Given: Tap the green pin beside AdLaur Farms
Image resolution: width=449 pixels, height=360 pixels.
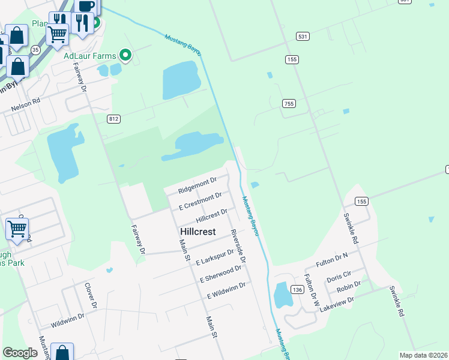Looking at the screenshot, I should point(125,55).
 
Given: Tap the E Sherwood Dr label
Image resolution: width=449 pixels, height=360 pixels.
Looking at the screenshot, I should point(220,274).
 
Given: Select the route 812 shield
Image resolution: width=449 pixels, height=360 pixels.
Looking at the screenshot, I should point(114,119).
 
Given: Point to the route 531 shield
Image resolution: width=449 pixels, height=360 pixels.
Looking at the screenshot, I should point(303,37).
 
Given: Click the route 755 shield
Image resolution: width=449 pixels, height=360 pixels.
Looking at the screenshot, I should point(289,104).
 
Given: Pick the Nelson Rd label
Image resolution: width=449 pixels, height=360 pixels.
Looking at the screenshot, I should point(25,105).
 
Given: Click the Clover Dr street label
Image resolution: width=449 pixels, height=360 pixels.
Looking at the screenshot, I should point(90,295).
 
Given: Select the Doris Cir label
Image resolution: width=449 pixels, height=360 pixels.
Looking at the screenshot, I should point(339,277).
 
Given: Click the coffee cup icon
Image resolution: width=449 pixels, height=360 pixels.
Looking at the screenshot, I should point(86,6).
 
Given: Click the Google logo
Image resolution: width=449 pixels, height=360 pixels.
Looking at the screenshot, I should point(20,353).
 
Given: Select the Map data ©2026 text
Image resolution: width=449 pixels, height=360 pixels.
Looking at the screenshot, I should point(423,355).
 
